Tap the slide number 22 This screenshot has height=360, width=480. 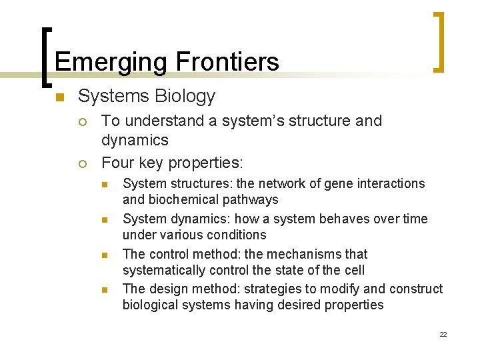(x=443, y=334)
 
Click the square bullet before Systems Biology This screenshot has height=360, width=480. (x=59, y=98)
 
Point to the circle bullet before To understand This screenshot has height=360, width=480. (x=81, y=122)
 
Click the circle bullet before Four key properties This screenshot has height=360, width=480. (x=81, y=163)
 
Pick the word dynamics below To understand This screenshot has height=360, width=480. (x=135, y=141)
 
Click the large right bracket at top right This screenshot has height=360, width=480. (x=439, y=41)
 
